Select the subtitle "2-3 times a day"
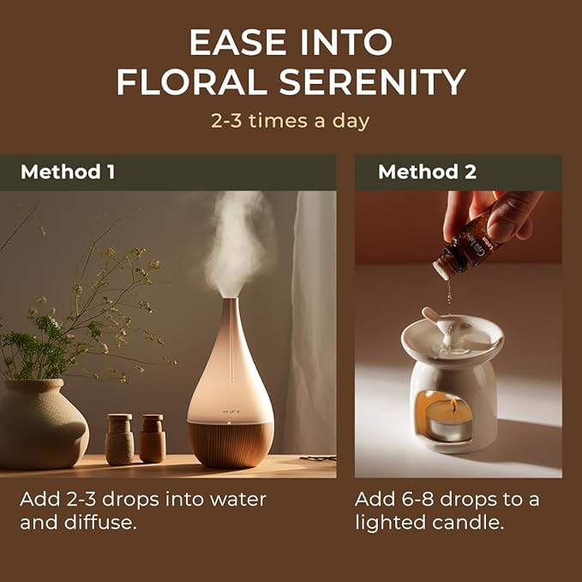(x=291, y=120)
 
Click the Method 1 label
(x=68, y=171)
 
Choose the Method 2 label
(x=427, y=171)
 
